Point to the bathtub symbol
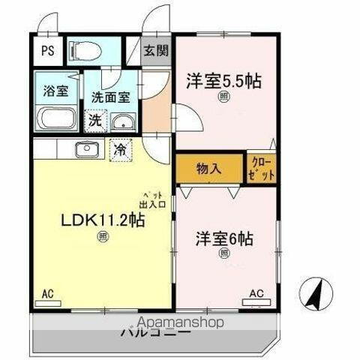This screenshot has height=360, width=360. [54, 118]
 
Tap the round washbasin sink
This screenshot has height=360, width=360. [121, 122]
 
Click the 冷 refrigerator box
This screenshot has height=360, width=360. [119, 148]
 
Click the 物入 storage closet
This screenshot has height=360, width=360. [209, 169]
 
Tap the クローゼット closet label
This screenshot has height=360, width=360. [261, 169]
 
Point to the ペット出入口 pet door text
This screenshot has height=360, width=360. [157, 197]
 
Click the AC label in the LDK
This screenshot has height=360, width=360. [48, 293]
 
